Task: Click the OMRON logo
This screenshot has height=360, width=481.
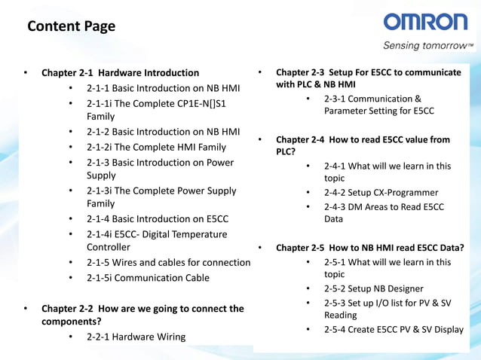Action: pos(425,23)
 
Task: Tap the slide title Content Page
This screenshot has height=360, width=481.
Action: pos(71,27)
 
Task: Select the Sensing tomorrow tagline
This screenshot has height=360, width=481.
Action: pos(427,45)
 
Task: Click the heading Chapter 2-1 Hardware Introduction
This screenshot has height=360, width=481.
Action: pos(120,73)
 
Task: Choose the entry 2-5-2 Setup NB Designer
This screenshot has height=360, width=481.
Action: pos(373,288)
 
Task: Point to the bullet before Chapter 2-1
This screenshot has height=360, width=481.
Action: pos(25,73)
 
